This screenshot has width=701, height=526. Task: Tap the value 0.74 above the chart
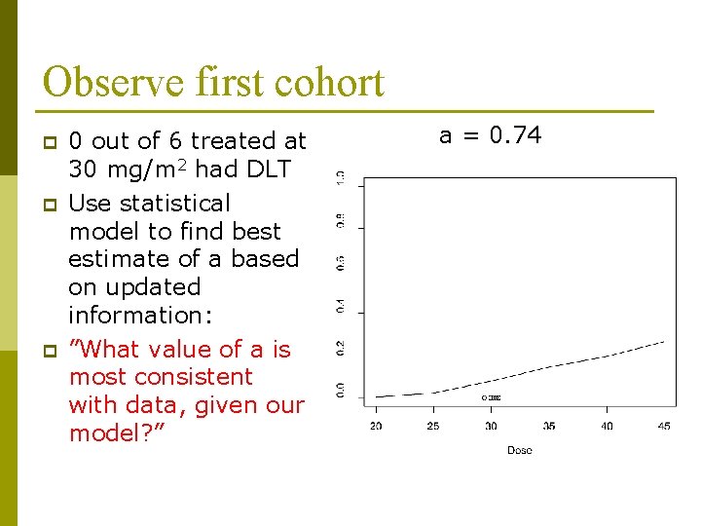click(515, 135)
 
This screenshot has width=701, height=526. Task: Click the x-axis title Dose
click(519, 450)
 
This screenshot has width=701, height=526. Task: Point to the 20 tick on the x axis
click(377, 426)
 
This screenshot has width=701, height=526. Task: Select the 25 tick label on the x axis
click(434, 426)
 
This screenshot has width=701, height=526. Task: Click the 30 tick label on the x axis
click(492, 426)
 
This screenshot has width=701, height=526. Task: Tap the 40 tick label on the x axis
click(607, 426)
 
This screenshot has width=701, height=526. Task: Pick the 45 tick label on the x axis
click(663, 426)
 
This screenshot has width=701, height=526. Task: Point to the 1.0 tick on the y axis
click(340, 179)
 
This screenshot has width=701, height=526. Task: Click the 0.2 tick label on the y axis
click(340, 348)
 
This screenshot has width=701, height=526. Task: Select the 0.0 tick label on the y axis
click(340, 390)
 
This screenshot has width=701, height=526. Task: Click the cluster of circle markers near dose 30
click(492, 397)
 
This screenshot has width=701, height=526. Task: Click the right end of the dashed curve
click(664, 342)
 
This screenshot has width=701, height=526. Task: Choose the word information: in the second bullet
click(134, 316)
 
